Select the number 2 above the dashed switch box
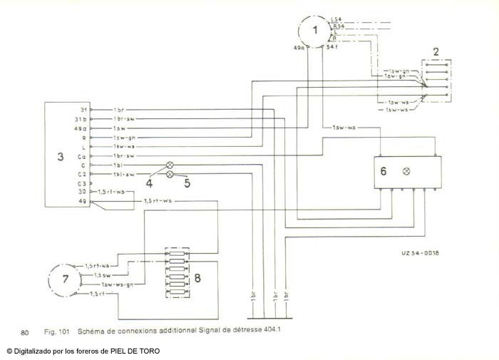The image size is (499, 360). coord(437,51)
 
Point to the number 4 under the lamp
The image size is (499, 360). coord(149,183)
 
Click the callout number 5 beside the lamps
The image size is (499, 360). coord(187,182)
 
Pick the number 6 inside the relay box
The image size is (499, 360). coord(384,171)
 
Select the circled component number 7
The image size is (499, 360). coord(65,278)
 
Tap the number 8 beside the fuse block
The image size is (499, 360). coord(197,277)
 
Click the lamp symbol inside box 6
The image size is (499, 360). coord(406,171)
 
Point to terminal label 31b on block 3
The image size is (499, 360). coord(81,118)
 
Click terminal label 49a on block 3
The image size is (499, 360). coord(81,128)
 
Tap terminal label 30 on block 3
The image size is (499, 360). coord(82,192)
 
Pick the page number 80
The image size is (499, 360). coord(25,332)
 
